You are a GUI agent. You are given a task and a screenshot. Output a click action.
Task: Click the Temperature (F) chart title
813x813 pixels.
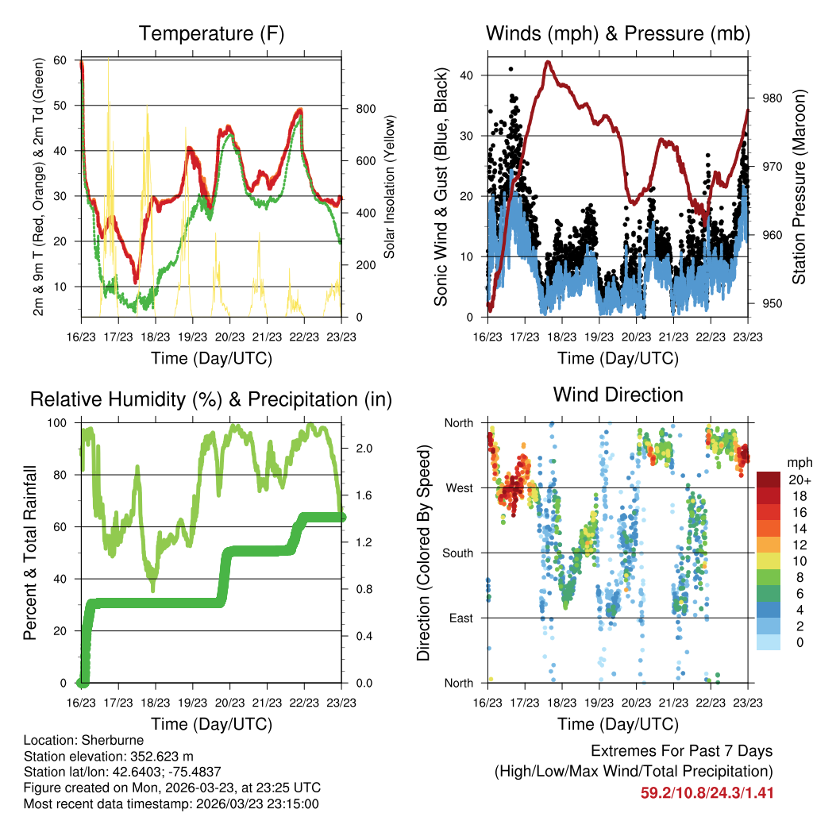click(x=211, y=33)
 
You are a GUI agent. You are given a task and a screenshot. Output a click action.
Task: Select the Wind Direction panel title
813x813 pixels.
click(x=618, y=395)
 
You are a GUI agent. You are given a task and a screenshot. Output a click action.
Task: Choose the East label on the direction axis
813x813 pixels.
click(x=460, y=618)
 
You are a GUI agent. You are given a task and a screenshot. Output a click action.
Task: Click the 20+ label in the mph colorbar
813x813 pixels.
click(x=798, y=480)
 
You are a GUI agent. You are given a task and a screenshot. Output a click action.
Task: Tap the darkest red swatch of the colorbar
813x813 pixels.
click(x=769, y=480)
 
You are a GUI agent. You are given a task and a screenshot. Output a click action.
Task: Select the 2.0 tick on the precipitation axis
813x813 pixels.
click(x=357, y=449)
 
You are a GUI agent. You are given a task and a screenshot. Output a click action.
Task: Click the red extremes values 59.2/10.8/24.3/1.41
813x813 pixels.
click(x=707, y=793)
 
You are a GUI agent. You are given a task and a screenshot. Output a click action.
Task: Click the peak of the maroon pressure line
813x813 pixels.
click(x=547, y=62)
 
